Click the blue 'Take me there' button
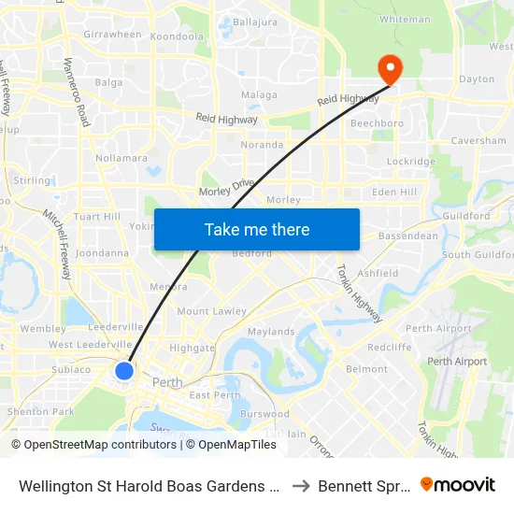(x=257, y=229)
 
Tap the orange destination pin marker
(x=388, y=68)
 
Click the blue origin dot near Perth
(x=124, y=371)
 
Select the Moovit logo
(x=458, y=485)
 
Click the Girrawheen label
(x=112, y=35)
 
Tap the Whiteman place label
(x=406, y=19)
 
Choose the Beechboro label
(x=376, y=123)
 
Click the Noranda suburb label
(x=262, y=145)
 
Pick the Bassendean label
(x=407, y=236)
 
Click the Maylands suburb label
(x=271, y=332)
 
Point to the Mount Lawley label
(x=211, y=311)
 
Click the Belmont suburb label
(x=366, y=369)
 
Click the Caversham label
(x=478, y=141)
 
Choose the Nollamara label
(x=121, y=158)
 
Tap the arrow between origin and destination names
(x=300, y=485)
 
